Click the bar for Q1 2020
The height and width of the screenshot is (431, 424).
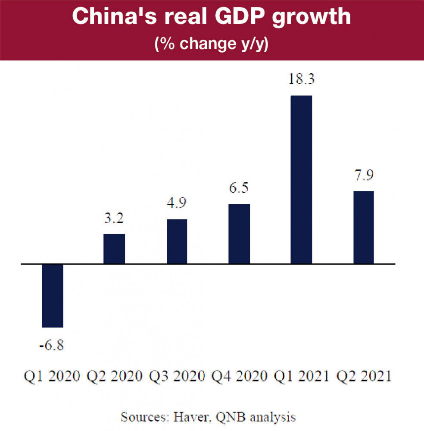point(53,296)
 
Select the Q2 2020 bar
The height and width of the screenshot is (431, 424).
point(114,249)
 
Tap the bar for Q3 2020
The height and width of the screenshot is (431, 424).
point(177,241)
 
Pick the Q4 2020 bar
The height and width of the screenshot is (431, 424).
point(239,234)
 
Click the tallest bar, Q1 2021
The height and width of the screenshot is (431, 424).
point(301,179)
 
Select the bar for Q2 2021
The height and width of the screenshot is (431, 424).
point(364,227)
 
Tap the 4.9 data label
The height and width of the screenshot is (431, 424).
point(177,203)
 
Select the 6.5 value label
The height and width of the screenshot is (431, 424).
point(239,188)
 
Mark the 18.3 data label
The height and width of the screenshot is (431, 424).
point(301,80)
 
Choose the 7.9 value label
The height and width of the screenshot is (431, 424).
point(364,175)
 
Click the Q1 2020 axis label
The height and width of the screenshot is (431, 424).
point(52,376)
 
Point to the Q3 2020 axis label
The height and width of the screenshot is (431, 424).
point(177,376)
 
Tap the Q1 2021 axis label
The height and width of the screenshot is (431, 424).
point(301,376)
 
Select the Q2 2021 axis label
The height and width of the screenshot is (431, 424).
point(364,376)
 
